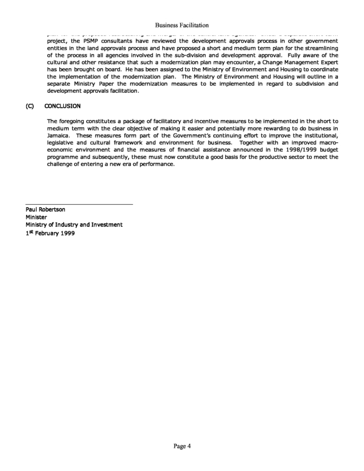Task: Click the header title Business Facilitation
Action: [181, 26]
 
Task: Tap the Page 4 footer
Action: [182, 445]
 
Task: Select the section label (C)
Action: [30, 106]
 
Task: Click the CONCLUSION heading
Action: [64, 106]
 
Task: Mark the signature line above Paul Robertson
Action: [79, 204]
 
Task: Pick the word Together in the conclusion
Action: [253, 144]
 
